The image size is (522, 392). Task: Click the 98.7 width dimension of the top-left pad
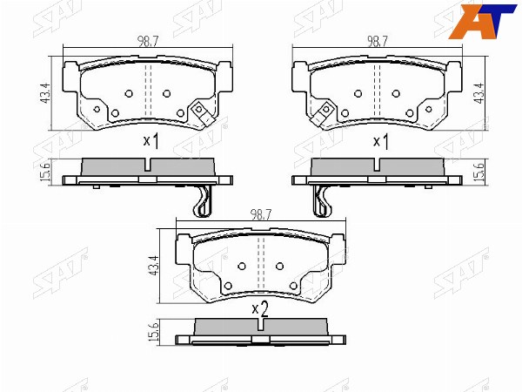tap(148, 41)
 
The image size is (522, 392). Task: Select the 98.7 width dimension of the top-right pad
tap(378, 41)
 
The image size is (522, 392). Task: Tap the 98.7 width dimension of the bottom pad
tap(261, 214)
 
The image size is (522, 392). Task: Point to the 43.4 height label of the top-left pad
tap(45, 92)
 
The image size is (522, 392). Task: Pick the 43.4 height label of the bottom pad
tap(154, 266)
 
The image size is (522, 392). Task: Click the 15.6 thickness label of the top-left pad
tap(46, 172)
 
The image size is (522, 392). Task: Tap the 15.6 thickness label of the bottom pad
tap(154, 332)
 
